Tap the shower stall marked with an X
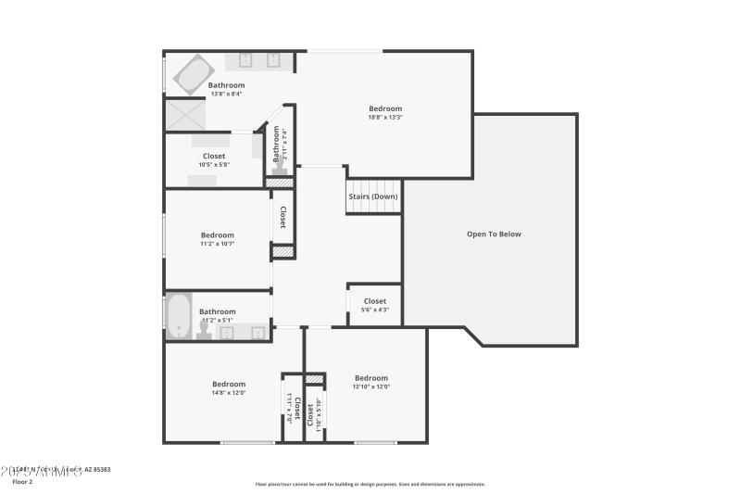point(183,114)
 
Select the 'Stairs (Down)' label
point(373,196)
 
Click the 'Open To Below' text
point(494,234)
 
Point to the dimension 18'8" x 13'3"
point(385,118)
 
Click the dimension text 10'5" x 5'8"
point(213,165)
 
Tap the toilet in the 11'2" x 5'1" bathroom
point(204,330)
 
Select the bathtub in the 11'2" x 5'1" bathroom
point(178,316)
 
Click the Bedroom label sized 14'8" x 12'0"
point(229,384)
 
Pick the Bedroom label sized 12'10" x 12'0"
point(370,377)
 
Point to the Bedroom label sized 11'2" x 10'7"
point(218,234)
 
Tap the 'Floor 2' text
point(22,482)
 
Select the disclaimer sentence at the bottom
point(370,484)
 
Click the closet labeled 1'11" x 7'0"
point(292,408)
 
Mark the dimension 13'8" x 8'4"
point(226,94)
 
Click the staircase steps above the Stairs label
point(373,184)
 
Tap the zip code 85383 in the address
point(101,470)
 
